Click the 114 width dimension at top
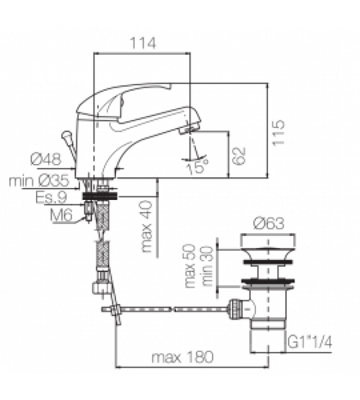(x=142, y=43)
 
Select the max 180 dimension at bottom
(x=182, y=357)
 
